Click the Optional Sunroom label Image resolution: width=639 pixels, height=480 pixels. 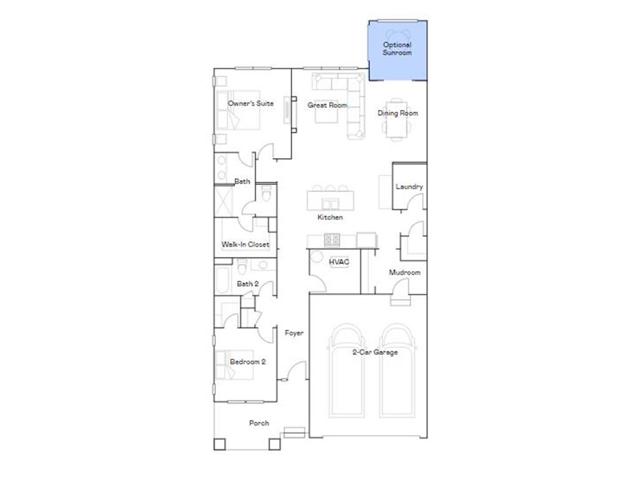397,49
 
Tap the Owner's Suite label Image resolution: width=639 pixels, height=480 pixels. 250,103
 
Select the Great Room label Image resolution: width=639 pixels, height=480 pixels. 327,105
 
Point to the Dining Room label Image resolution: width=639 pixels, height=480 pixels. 398,113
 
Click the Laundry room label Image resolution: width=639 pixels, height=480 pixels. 409,186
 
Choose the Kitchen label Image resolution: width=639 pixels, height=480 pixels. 330,217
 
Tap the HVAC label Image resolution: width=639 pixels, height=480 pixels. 339,262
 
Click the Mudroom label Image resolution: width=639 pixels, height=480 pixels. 404,272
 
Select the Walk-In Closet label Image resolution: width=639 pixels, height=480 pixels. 246,244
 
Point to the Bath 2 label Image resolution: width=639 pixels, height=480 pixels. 248,284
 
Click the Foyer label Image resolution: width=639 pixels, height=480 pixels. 294,333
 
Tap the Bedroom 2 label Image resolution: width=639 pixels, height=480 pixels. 248,362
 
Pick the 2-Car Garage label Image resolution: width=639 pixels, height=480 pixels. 374,352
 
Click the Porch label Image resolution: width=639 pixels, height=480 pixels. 259,423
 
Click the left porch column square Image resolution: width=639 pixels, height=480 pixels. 219,444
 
